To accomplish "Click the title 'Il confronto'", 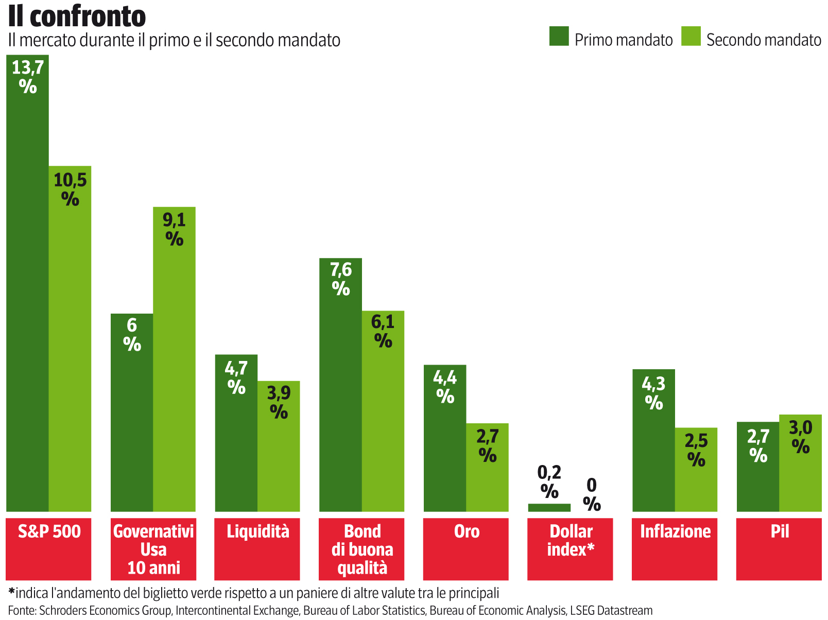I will click(x=77, y=16).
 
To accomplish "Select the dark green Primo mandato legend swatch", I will click(x=559, y=36).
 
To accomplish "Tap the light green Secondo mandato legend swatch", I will click(x=691, y=36).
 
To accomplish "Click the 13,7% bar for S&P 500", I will click(x=28, y=283).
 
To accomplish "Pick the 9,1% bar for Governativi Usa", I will click(x=174, y=360).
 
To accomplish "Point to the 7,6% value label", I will click(x=341, y=279).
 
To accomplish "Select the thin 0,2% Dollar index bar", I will click(x=549, y=507).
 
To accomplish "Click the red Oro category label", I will click(x=466, y=548).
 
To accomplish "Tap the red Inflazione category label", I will click(x=675, y=548).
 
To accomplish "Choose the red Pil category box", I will click(x=779, y=548).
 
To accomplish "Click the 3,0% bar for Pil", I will click(x=800, y=463).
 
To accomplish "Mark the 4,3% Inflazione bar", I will click(x=653, y=443).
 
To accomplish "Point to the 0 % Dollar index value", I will click(x=592, y=494).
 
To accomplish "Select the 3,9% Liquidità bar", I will click(x=279, y=448).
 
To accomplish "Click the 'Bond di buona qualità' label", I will click(x=361, y=549).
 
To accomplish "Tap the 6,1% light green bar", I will click(x=383, y=412).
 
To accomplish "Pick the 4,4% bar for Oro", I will click(x=445, y=438).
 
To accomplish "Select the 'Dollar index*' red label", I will click(x=570, y=548).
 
